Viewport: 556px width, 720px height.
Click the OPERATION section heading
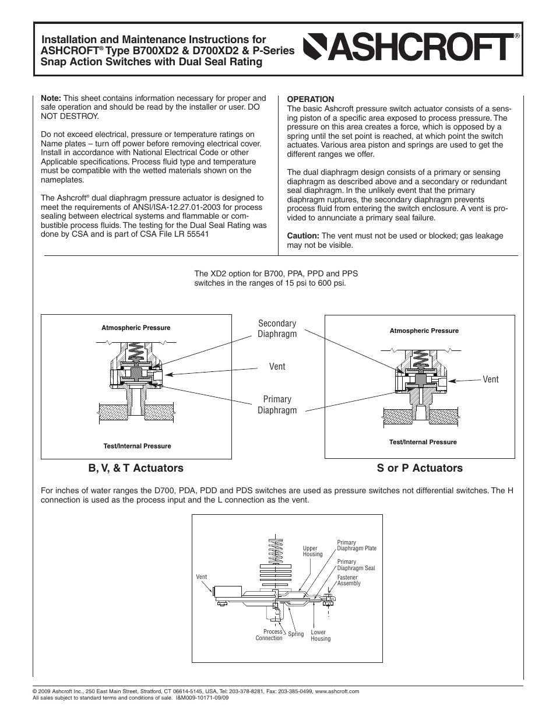pos(310,99)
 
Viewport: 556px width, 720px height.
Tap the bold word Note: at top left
pos(51,98)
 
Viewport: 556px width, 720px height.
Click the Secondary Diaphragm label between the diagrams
pos(277,328)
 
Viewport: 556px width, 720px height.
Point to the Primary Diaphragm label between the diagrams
pos(277,405)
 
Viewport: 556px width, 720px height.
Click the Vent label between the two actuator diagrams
pos(277,366)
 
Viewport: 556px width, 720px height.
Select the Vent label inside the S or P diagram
pos(490,379)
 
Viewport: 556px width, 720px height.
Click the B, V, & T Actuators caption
pos(135,468)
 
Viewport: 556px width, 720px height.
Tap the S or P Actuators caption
pos(419,468)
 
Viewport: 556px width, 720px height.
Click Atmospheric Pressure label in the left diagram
pos(136,328)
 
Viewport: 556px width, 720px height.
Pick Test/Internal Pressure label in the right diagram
pos(423,442)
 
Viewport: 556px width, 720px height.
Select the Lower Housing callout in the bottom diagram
pos(320,635)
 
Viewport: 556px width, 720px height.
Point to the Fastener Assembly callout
pos(349,580)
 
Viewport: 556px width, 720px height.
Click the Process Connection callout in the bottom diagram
pos(270,635)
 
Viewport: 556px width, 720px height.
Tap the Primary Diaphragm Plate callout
pos(356,545)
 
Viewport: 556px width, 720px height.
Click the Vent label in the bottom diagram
pos(201,577)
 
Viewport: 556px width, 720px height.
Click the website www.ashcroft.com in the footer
pos(337,691)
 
